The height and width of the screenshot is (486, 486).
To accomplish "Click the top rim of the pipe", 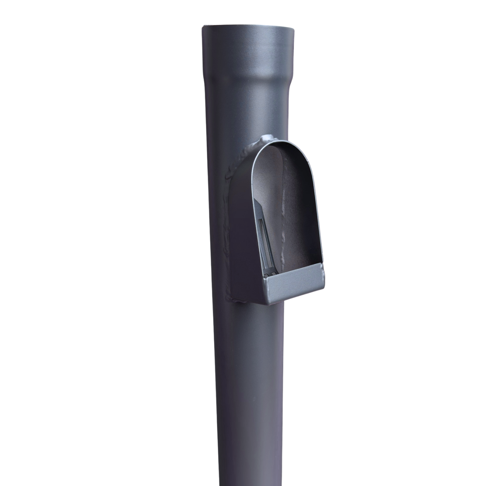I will [248, 27].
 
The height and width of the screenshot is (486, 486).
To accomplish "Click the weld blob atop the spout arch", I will [268, 138].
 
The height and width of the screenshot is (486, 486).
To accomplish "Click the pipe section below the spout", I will [248, 389].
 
